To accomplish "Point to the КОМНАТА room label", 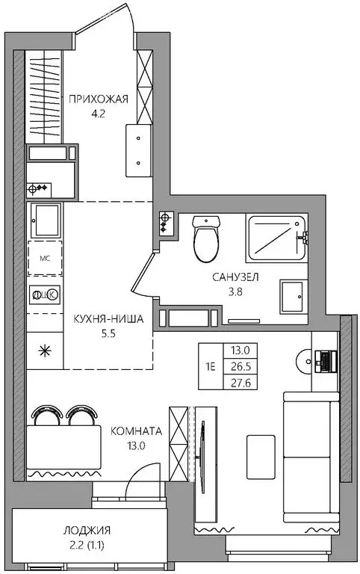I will tap(136, 431).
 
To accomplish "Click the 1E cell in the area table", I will tap(211, 366).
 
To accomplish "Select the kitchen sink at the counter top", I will tap(46, 220).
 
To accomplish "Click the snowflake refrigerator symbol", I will tap(45, 350).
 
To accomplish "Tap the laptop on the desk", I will tap(324, 361).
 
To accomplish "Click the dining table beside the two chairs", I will tap(64, 445).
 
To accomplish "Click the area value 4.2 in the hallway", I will tap(99, 114).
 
